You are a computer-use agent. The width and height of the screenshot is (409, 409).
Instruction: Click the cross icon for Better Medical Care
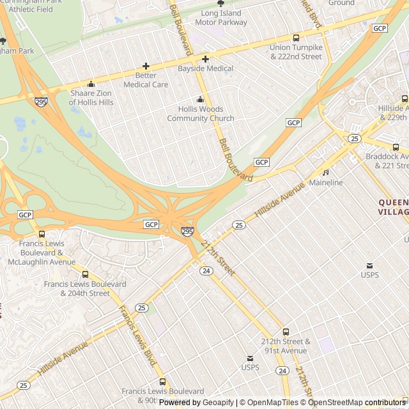pos(146,66)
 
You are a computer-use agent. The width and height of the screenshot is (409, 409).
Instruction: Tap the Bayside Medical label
pos(205,68)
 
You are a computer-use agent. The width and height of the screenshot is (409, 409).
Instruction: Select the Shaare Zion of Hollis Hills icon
pos(91,84)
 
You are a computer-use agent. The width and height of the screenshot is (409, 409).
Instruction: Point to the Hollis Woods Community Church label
pos(201,114)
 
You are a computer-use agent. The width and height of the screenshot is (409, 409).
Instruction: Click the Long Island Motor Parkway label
pos(220,17)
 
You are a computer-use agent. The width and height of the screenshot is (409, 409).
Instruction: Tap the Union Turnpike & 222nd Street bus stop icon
pos(296,38)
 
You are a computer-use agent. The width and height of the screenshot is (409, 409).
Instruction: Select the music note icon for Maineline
pos(325,172)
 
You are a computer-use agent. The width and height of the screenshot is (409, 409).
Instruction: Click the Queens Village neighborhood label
pos(392,206)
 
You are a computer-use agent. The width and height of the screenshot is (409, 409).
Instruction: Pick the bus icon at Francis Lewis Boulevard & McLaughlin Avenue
pos(42,235)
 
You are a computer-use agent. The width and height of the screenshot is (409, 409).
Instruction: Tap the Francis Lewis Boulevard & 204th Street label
pos(85,289)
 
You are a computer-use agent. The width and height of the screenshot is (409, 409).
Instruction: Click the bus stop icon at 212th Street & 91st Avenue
pos(286,332)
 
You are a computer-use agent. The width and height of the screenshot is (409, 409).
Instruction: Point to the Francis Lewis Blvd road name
pos(137,335)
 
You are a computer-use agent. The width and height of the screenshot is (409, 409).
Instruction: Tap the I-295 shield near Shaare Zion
pos(41,102)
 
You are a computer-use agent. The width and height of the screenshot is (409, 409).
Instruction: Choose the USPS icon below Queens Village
pos(369,265)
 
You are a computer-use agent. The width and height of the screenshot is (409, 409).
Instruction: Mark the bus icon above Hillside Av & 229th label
pos(405,98)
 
